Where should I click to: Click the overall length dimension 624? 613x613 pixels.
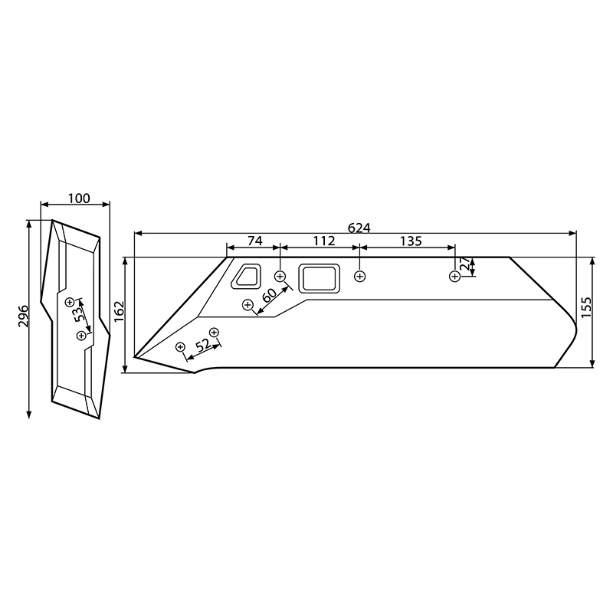pos(359,228)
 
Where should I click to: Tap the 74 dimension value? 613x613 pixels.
pos(254,241)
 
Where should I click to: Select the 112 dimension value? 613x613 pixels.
pos(324,241)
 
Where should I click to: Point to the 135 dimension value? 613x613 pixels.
pos(411,241)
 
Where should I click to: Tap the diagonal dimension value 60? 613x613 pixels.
pos(269,296)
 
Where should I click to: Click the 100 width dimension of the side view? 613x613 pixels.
pos(78,198)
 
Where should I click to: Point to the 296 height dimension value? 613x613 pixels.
pos(23,316)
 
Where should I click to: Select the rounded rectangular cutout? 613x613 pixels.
pos(319,277)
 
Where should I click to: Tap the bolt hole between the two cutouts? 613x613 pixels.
pos(280,275)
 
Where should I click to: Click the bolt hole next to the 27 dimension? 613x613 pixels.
pos(455,276)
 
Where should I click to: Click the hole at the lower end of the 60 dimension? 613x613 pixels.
pos(247,305)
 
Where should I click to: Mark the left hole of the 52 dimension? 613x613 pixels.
pos(181,347)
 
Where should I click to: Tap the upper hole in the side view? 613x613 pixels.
pos(70,301)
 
